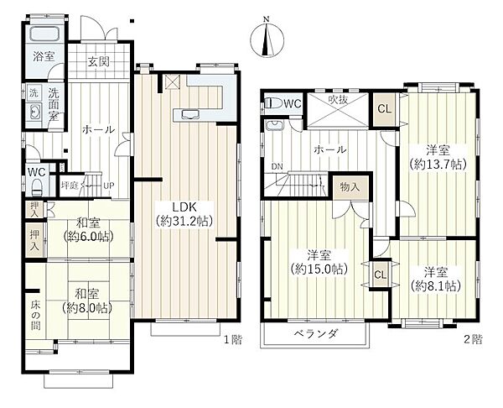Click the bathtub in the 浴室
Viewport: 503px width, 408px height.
[x=45, y=34]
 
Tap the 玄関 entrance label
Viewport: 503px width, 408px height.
[x=99, y=61]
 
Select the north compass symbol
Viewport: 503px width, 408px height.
[x=267, y=39]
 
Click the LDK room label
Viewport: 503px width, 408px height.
[x=184, y=207]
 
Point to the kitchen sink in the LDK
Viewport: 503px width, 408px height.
[x=190, y=115]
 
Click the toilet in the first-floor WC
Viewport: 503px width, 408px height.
[x=37, y=187]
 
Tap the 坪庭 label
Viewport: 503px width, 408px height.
[x=70, y=186]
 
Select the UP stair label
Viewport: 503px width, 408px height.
[x=108, y=186]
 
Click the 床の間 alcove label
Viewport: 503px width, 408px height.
[x=35, y=315]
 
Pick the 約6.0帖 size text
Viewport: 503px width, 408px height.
[x=89, y=237]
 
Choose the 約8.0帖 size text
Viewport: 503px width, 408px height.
[x=87, y=308]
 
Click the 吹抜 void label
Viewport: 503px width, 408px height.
[x=338, y=100]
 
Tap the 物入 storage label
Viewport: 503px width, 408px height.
[x=350, y=186]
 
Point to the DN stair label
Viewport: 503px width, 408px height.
[x=277, y=166]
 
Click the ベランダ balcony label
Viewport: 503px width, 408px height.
[x=316, y=334]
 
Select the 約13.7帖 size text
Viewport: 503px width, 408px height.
[x=438, y=165]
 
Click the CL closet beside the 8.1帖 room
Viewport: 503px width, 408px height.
[x=380, y=275]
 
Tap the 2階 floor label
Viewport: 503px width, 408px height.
[x=473, y=339]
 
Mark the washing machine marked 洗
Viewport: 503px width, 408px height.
[x=34, y=93]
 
